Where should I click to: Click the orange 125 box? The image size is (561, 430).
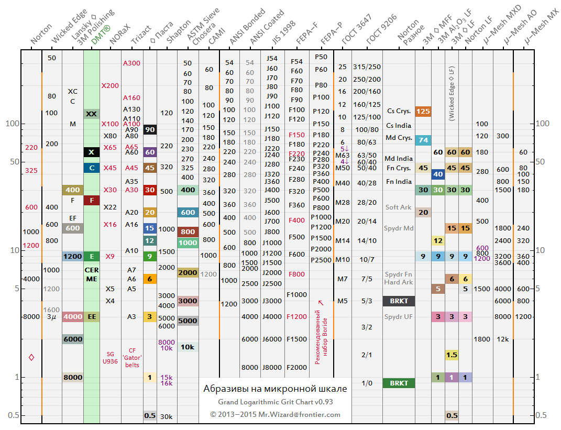click(x=423, y=111)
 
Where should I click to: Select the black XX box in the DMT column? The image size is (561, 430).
click(x=91, y=114)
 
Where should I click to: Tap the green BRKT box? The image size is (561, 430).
click(x=399, y=383)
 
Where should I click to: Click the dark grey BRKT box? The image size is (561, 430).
click(x=399, y=301)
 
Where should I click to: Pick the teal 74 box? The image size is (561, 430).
click(x=423, y=140)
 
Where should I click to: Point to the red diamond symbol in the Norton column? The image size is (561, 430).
click(x=31, y=357)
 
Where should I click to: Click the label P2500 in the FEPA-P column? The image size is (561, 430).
click(x=321, y=260)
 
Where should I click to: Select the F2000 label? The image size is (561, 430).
click(x=297, y=367)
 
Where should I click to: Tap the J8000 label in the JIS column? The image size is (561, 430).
click(x=272, y=367)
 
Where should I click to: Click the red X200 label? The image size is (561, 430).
click(x=110, y=85)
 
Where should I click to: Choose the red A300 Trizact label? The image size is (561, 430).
click(x=131, y=63)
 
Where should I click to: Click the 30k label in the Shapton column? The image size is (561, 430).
click(x=167, y=416)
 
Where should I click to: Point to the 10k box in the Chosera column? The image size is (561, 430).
click(x=188, y=347)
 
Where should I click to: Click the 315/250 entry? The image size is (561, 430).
click(x=367, y=67)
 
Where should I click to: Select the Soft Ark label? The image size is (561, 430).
click(x=399, y=207)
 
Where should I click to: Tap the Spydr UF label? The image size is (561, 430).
click(x=399, y=316)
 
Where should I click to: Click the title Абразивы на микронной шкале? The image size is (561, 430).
click(x=275, y=389)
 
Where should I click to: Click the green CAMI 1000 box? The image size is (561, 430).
click(x=188, y=243)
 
